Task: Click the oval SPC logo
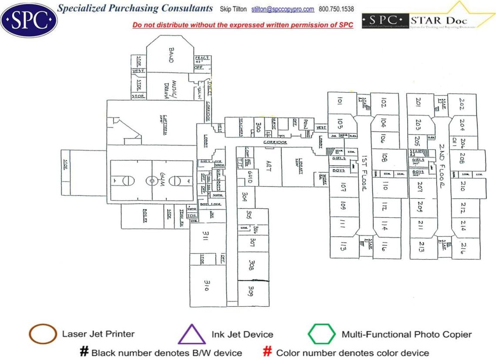click(x=29, y=20)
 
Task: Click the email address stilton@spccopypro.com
click(x=283, y=9)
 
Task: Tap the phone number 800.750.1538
click(x=336, y=9)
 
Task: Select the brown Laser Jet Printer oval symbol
click(x=43, y=334)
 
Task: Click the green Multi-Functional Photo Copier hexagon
click(x=322, y=334)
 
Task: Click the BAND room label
click(x=171, y=55)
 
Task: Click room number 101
click(x=340, y=101)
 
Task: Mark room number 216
click(x=462, y=248)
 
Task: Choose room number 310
click(x=207, y=285)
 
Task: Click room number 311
click(x=206, y=235)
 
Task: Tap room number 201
click(x=419, y=102)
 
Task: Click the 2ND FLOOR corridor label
click(x=441, y=166)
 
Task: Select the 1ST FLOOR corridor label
click(x=365, y=172)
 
